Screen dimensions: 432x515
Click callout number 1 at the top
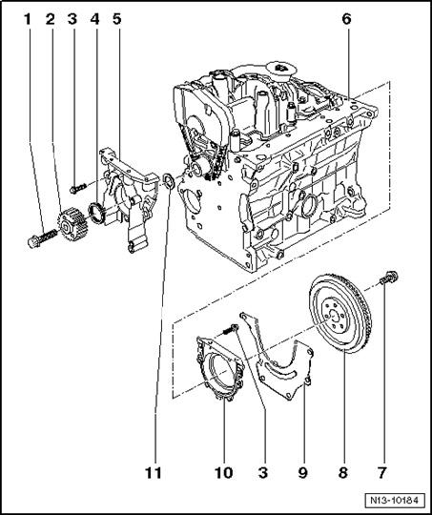click(28, 19)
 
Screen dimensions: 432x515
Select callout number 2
click(51, 19)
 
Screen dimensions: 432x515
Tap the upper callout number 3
click(72, 19)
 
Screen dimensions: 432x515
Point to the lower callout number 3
click(263, 473)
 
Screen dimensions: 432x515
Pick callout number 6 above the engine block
click(346, 19)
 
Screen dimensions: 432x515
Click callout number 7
click(381, 473)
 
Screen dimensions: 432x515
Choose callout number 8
click(342, 473)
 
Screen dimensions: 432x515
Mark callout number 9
click(303, 473)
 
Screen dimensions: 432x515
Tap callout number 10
click(224, 473)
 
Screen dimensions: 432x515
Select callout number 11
click(154, 473)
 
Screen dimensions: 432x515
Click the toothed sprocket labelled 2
click(72, 225)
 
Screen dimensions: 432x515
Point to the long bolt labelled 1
click(42, 238)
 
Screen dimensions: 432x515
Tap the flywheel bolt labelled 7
click(389, 278)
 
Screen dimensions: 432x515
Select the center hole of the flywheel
click(333, 317)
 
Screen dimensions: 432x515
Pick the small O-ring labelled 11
click(169, 181)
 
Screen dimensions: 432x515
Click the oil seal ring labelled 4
click(96, 213)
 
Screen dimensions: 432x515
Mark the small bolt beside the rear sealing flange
click(231, 328)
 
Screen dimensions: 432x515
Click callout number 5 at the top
click(117, 19)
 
